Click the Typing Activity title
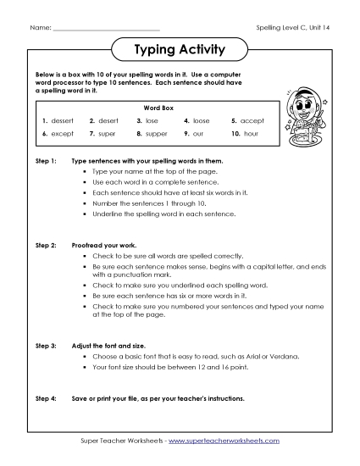(x=180, y=50)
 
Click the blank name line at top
(x=106, y=29)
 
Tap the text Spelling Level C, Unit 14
(x=291, y=28)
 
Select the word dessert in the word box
(x=64, y=121)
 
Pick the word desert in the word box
(x=111, y=121)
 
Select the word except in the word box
(x=64, y=134)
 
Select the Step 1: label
(x=46, y=160)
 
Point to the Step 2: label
(x=46, y=244)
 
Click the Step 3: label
(x=46, y=347)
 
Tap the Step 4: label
(x=46, y=397)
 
